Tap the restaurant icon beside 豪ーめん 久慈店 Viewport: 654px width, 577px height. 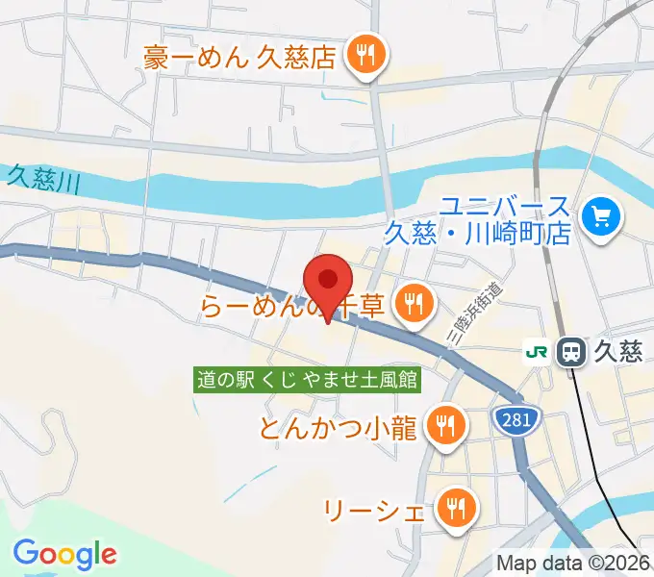pos(365,56)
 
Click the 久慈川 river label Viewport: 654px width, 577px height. pos(39,178)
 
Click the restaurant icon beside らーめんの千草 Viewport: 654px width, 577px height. pos(415,306)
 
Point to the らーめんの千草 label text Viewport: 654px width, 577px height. pos(292,307)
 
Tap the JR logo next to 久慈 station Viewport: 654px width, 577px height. pos(535,352)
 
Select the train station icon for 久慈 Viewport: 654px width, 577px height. pos(572,352)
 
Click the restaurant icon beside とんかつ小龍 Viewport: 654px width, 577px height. pos(444,424)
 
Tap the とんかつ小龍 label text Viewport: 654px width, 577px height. pos(337,426)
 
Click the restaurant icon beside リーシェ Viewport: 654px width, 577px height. pos(455,507)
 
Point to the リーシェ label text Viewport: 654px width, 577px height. pos(373,508)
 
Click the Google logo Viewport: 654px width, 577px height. pos(64,553)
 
